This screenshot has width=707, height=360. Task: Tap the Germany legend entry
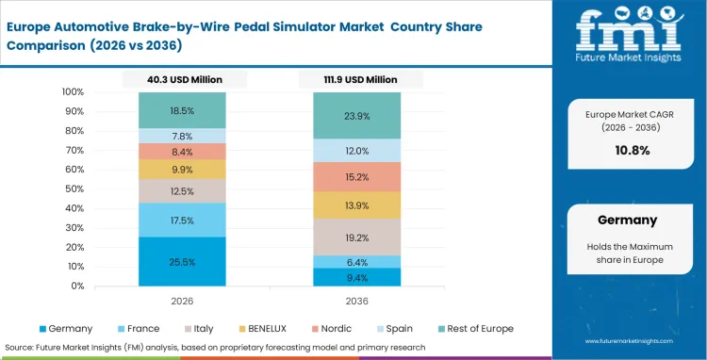tap(66, 329)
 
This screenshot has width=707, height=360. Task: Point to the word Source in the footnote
tap(20, 347)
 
